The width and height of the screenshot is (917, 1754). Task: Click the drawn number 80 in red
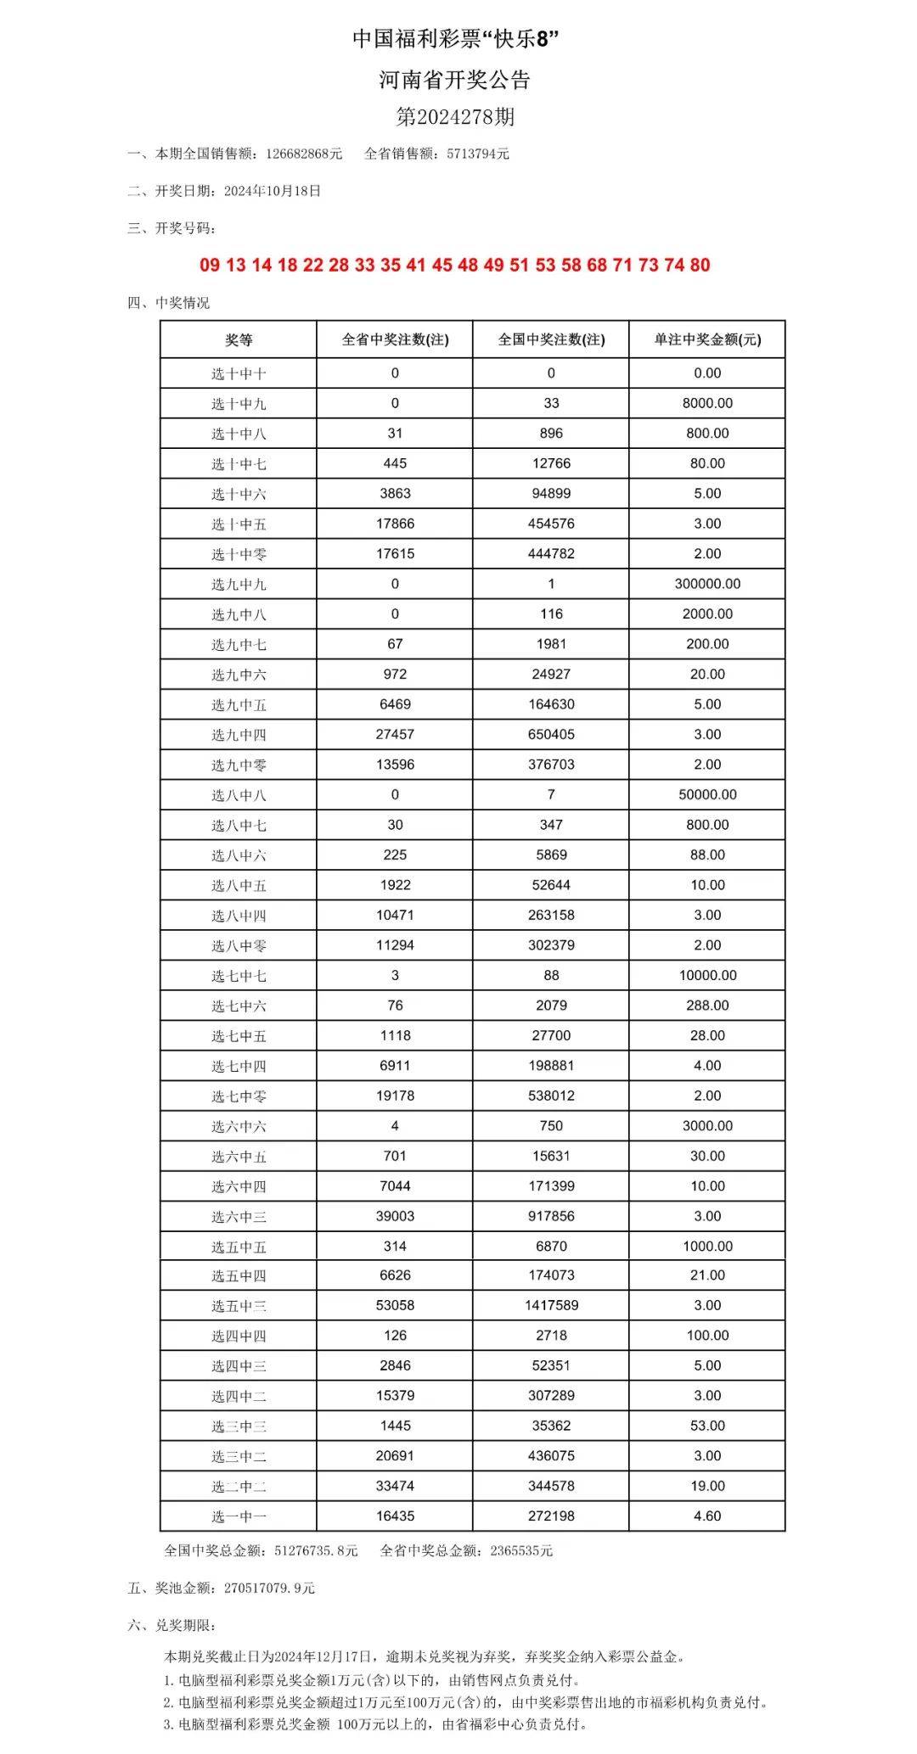click(x=700, y=266)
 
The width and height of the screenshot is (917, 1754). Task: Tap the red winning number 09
click(x=210, y=266)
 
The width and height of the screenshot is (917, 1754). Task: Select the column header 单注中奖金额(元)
click(x=706, y=340)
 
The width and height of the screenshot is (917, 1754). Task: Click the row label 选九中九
click(x=239, y=585)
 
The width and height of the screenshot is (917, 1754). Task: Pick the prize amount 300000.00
click(x=706, y=584)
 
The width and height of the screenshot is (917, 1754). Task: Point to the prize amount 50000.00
click(x=706, y=795)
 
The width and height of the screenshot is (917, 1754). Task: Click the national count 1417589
click(x=551, y=1306)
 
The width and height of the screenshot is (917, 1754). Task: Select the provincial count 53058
click(x=395, y=1306)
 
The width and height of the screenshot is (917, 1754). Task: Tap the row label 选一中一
click(x=239, y=1516)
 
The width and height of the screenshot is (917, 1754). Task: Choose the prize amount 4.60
click(x=706, y=1516)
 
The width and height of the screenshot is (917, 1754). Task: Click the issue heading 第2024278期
click(x=455, y=116)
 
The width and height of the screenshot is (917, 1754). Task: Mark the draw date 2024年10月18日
click(x=273, y=192)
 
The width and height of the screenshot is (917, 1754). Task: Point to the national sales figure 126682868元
click(x=303, y=154)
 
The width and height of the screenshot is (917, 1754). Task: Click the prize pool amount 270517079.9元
click(x=269, y=1589)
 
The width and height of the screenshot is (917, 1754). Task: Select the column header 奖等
click(x=239, y=340)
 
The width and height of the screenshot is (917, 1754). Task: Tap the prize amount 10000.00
click(x=707, y=976)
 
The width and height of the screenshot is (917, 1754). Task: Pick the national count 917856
click(x=551, y=1217)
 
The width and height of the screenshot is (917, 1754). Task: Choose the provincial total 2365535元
click(x=521, y=1551)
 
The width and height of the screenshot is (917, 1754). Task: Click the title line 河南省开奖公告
click(x=455, y=81)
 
